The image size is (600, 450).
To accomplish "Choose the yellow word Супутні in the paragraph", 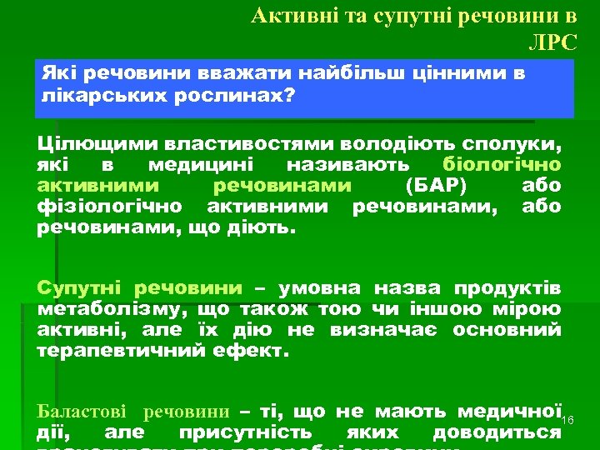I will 79,288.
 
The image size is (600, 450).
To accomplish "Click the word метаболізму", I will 107,310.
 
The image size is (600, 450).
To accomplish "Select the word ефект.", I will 257,352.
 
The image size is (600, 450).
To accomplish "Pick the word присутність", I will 245,432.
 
